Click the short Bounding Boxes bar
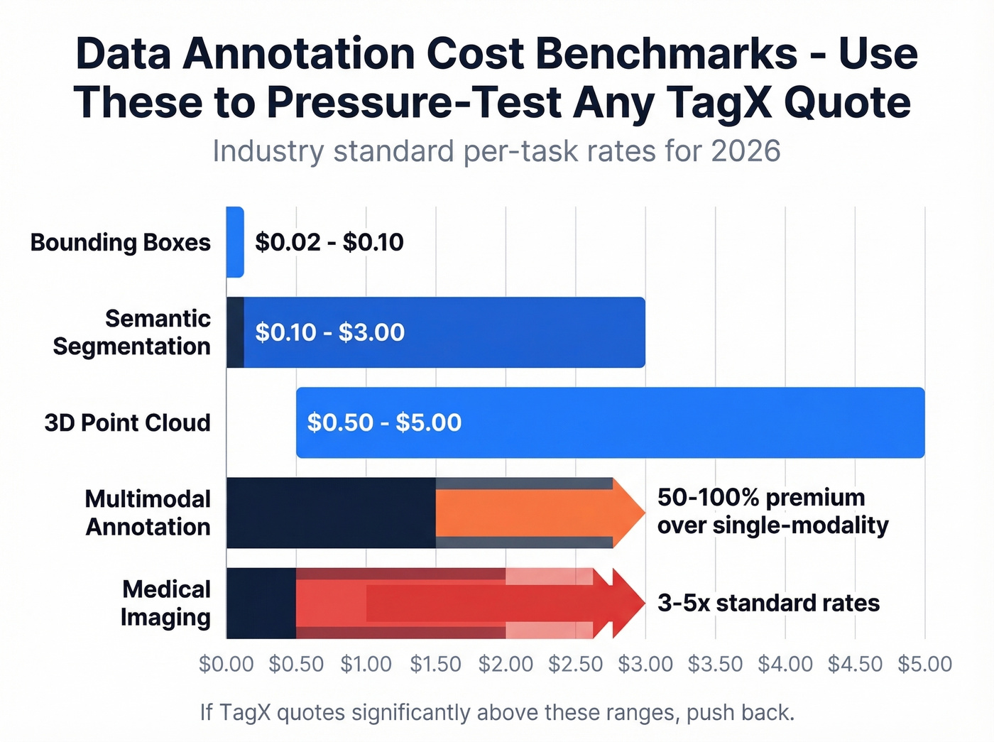pos(235,242)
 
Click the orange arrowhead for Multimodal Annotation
pos(628,513)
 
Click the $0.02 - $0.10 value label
pos(329,242)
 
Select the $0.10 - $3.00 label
pos(329,332)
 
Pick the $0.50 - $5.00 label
pos(384,422)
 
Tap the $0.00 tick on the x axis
pos(226,664)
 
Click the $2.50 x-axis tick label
pos(575,664)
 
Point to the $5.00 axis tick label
pos(924,664)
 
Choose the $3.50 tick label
pos(715,664)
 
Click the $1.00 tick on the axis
pos(366,664)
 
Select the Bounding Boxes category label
pos(120,242)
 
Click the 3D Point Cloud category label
pos(127,422)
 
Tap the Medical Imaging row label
pos(165,603)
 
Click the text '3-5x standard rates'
pos(768,603)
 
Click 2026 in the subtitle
pos(745,151)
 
